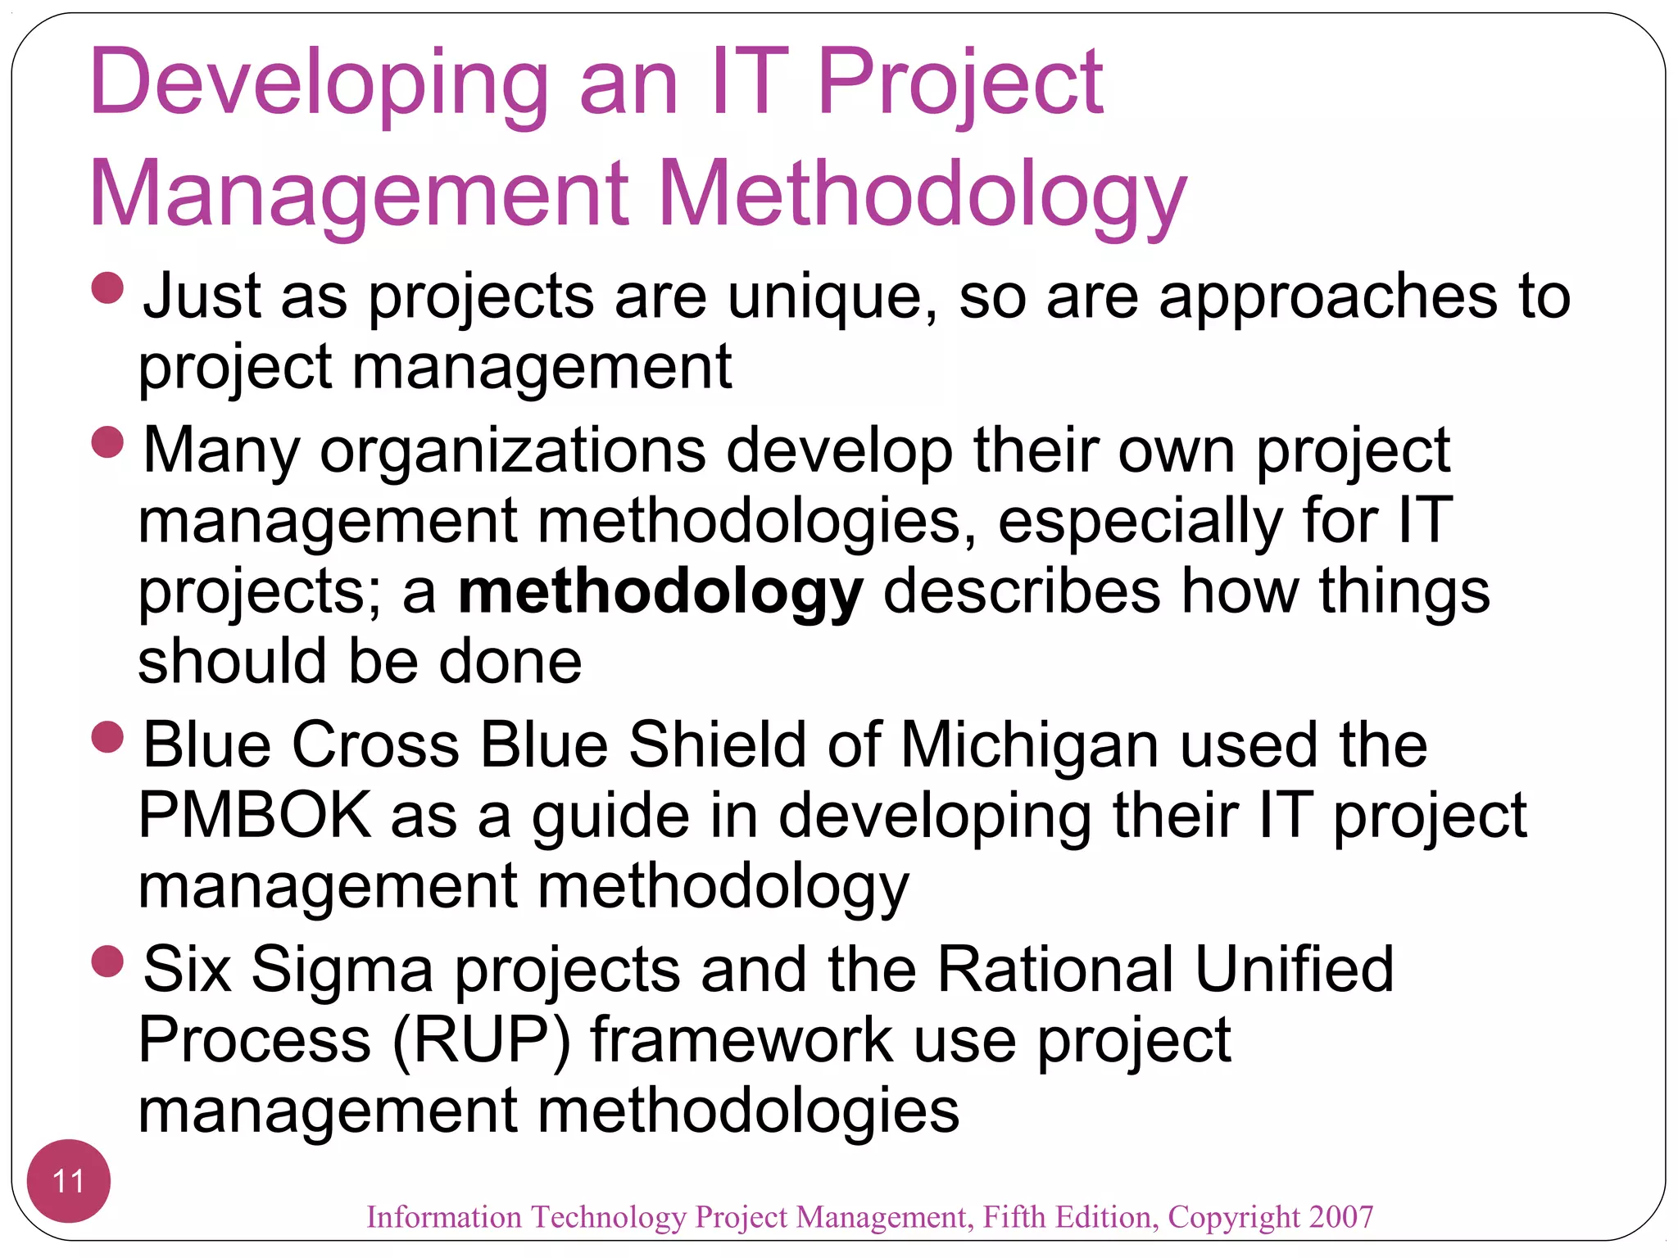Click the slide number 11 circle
[x=68, y=1181]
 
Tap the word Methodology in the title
[x=922, y=195]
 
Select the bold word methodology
[x=660, y=592]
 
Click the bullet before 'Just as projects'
[x=107, y=288]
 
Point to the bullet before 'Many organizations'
[x=107, y=442]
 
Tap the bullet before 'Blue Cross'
[x=107, y=736]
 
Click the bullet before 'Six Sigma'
[x=107, y=961]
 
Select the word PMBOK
[x=255, y=815]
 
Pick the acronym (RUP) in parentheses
[x=481, y=1040]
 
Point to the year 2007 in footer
[x=1340, y=1217]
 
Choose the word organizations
[x=513, y=451]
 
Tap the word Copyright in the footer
[x=1233, y=1217]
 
